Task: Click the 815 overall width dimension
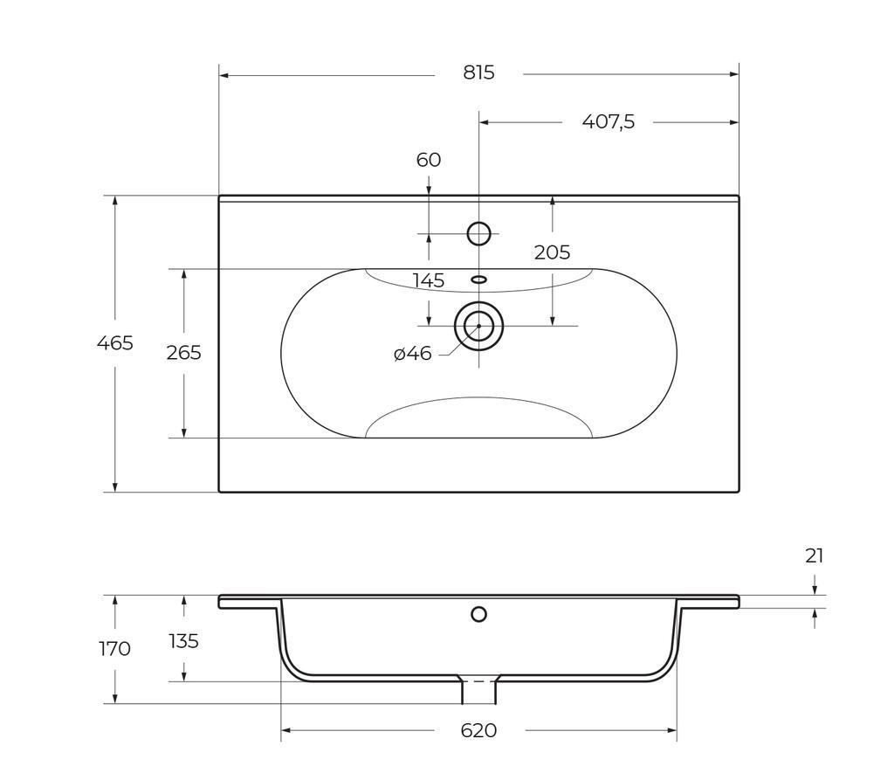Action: point(478,72)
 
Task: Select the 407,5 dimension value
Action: point(609,121)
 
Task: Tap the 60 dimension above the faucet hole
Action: point(429,160)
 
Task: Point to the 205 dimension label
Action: point(552,252)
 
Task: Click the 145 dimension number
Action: point(429,280)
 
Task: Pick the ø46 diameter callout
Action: point(413,354)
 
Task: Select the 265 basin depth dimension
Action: point(183,353)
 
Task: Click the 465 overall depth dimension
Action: point(114,343)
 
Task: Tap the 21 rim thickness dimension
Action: point(815,556)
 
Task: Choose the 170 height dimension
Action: point(114,649)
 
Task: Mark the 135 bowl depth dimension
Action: point(183,641)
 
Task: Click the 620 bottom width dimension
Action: point(478,730)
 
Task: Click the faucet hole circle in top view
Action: point(478,233)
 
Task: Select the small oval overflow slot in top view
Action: point(478,279)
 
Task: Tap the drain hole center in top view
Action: point(478,326)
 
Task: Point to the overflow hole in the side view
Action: point(478,614)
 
